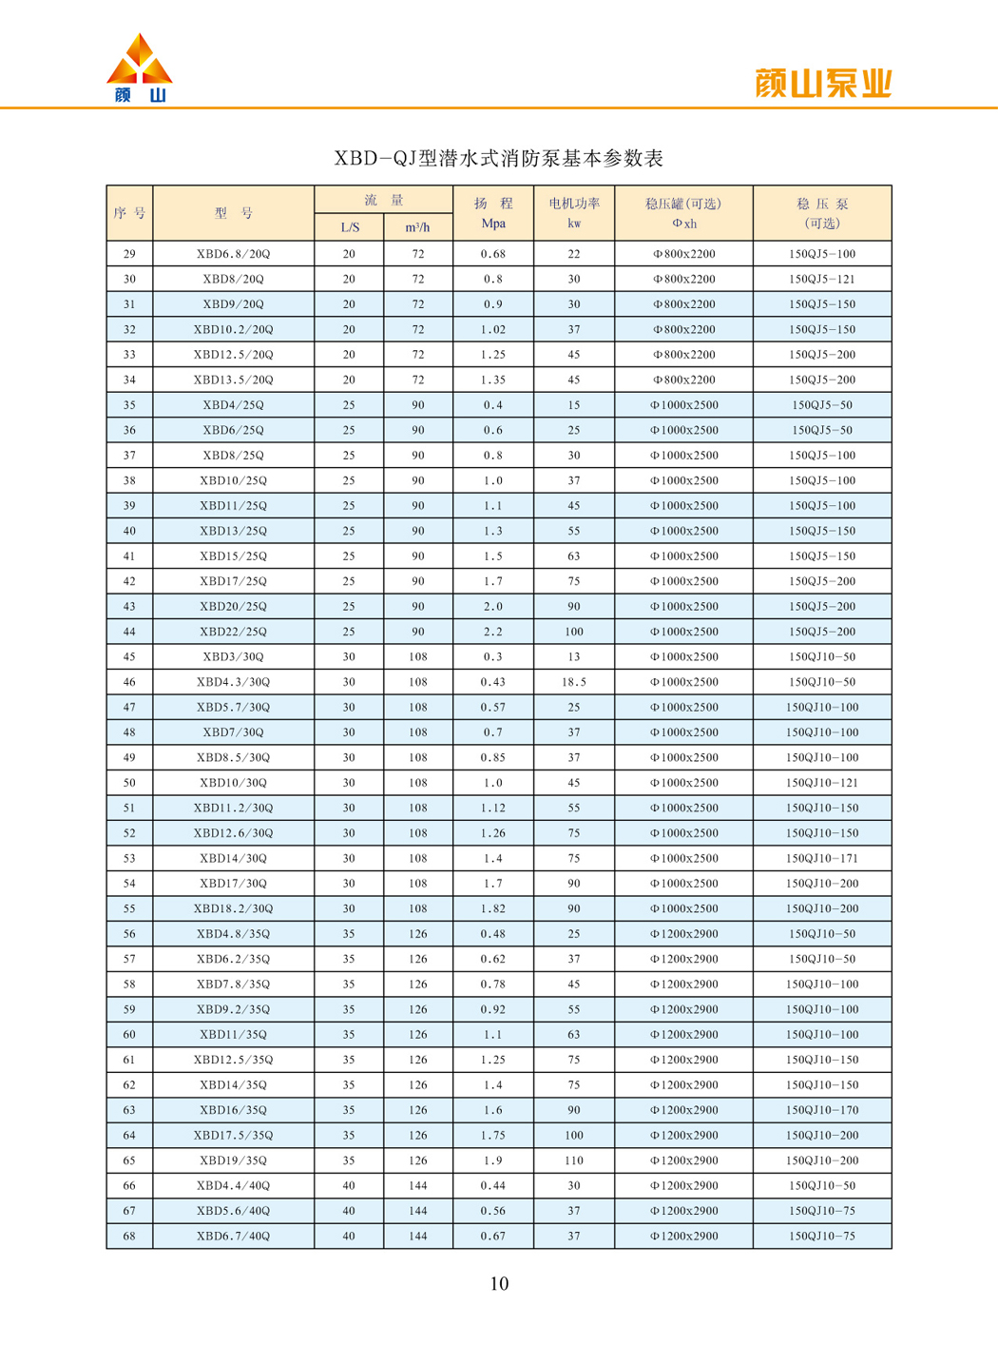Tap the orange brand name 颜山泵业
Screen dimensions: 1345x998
click(x=823, y=84)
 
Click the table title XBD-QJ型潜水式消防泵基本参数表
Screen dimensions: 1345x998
click(x=498, y=159)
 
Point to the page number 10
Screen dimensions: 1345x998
click(x=499, y=1284)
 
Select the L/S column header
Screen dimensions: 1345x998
click(x=350, y=227)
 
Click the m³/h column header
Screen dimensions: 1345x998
click(x=418, y=227)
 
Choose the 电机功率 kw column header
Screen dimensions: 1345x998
click(x=574, y=213)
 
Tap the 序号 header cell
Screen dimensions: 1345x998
click(x=129, y=213)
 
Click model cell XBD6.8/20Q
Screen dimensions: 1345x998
click(x=234, y=254)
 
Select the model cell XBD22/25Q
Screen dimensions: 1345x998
click(x=234, y=632)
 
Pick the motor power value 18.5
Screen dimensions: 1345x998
click(x=574, y=682)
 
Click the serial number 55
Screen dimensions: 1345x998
click(x=129, y=908)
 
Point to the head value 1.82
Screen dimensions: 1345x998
click(x=493, y=908)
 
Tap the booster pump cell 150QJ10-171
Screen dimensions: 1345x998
click(x=822, y=858)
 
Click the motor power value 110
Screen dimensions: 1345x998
click(x=574, y=1160)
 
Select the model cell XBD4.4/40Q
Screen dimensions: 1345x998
click(x=234, y=1186)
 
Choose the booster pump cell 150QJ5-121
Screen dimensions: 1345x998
click(x=822, y=280)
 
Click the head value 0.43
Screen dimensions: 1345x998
click(x=493, y=682)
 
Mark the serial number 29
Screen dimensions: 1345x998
click(x=129, y=254)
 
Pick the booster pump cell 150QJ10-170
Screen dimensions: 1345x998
click(x=822, y=1110)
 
